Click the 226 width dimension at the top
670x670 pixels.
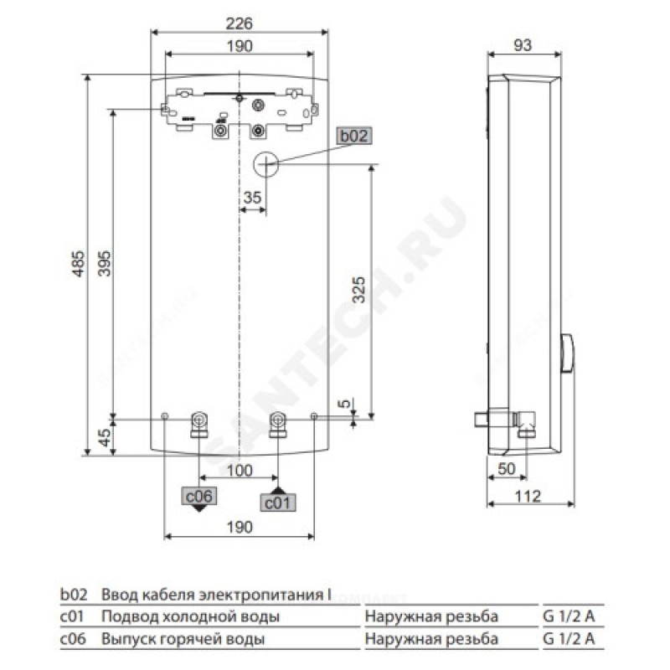coord(240,23)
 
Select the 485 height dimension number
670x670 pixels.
coord(79,264)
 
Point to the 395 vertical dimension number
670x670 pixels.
coord(104,264)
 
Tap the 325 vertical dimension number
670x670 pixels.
coord(358,290)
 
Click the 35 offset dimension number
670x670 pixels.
coord(252,198)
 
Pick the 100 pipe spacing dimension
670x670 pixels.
coord(240,471)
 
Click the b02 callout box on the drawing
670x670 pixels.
coord(353,136)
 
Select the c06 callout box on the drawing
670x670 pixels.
coord(199,496)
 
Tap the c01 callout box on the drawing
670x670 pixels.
coord(278,502)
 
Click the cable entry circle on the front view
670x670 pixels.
coord(265,164)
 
